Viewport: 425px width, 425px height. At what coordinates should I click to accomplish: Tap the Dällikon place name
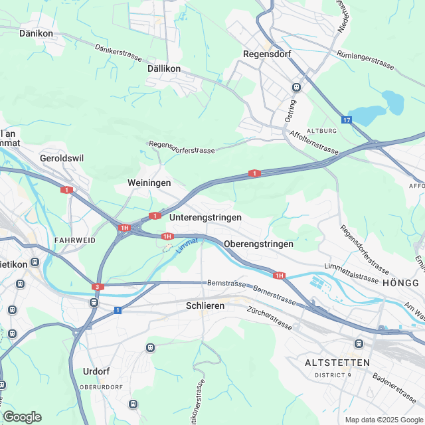(164, 68)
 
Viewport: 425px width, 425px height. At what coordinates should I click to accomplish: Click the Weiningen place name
(149, 183)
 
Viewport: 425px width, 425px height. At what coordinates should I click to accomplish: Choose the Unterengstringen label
(205, 217)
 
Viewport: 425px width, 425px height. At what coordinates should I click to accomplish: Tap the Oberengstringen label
(258, 244)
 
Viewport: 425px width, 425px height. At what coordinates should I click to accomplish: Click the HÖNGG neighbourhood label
(400, 283)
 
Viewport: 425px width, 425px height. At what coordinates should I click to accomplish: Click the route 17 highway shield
(347, 120)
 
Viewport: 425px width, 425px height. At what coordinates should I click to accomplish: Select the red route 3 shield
(98, 287)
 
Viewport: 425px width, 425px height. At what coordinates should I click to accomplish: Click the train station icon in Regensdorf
(296, 87)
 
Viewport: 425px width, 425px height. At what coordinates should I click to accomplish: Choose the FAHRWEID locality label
(74, 240)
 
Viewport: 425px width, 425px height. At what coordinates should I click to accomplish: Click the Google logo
(21, 416)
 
